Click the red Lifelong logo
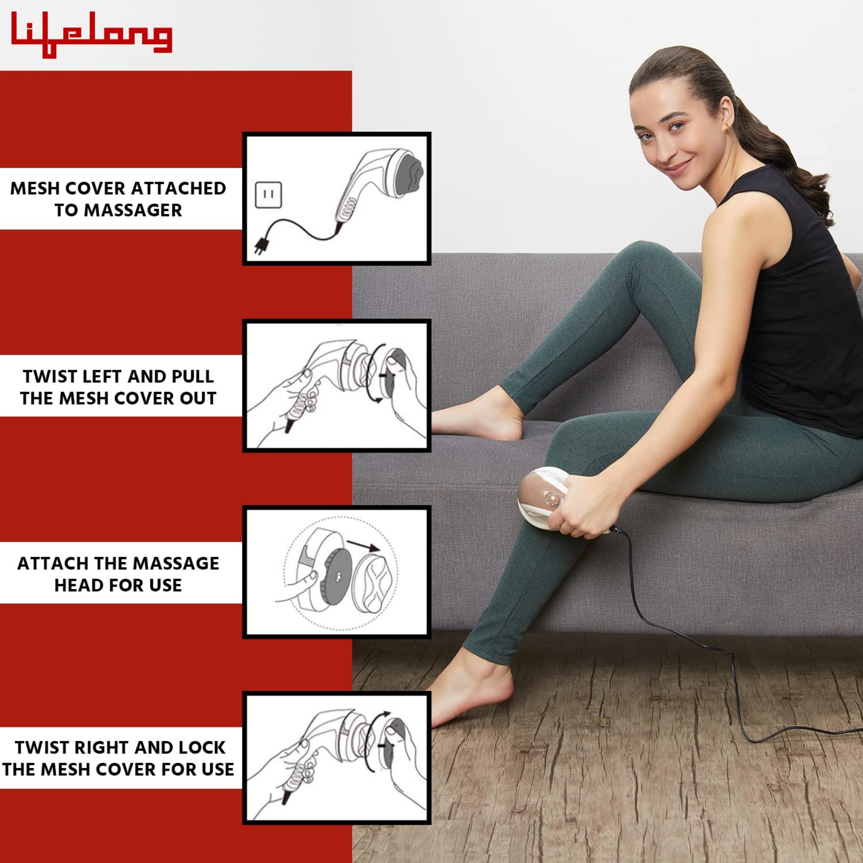click(x=91, y=34)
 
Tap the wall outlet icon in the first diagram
click(x=268, y=195)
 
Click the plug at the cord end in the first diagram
click(x=259, y=245)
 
